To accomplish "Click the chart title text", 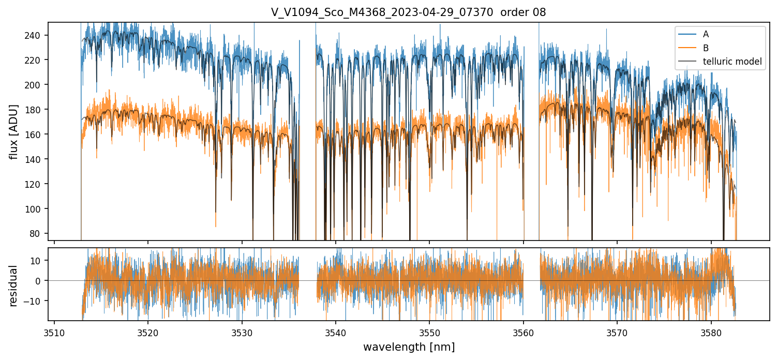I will click(x=408, y=12).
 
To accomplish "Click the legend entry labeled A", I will click(x=706, y=35).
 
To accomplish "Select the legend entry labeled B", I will click(x=706, y=48).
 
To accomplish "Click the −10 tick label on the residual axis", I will click(x=37, y=301).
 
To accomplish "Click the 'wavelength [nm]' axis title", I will click(x=409, y=347).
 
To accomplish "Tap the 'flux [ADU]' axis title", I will click(x=14, y=131).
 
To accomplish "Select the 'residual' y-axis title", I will click(x=14, y=286).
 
